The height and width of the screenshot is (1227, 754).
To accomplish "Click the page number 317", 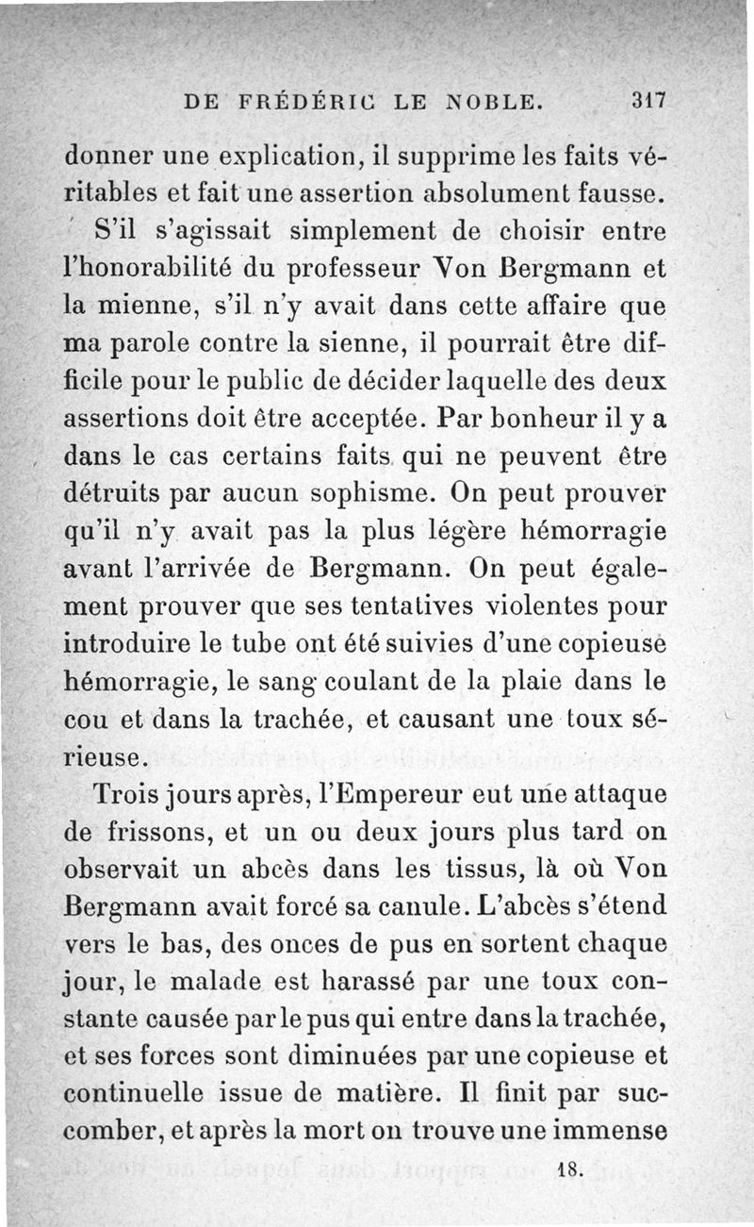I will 650,99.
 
